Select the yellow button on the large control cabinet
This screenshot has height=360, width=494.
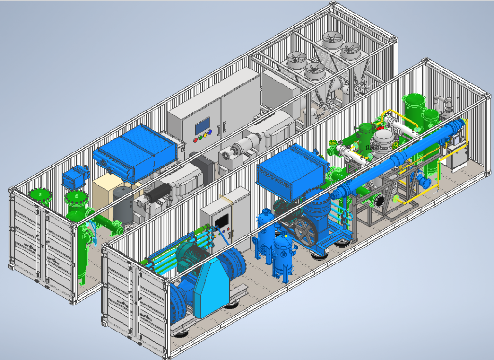203,137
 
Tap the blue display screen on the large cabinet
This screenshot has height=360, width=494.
202,126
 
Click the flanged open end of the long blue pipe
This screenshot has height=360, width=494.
426,183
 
